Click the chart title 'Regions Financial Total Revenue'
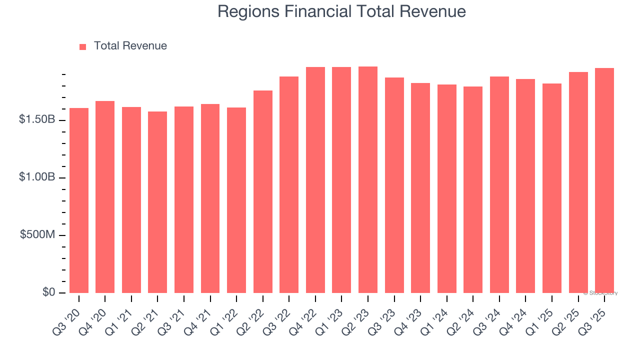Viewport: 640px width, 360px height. tap(341, 11)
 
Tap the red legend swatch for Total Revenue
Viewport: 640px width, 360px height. tap(83, 46)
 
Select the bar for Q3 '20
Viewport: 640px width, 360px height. tap(79, 200)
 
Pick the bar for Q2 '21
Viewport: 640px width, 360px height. tap(157, 202)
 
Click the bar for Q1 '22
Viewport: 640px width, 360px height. tap(236, 200)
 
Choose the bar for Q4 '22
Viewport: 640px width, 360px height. tap(315, 180)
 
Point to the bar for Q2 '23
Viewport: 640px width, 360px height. tap(368, 179)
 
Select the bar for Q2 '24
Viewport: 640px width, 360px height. tap(473, 189)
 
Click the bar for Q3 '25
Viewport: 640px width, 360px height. tap(604, 180)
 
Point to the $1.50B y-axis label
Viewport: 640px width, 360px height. tap(36, 120)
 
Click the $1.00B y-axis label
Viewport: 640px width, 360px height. tap(36, 177)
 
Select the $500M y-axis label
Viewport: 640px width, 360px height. tap(37, 235)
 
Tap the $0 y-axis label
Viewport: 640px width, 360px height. tap(48, 292)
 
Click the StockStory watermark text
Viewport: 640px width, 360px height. tap(600, 293)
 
